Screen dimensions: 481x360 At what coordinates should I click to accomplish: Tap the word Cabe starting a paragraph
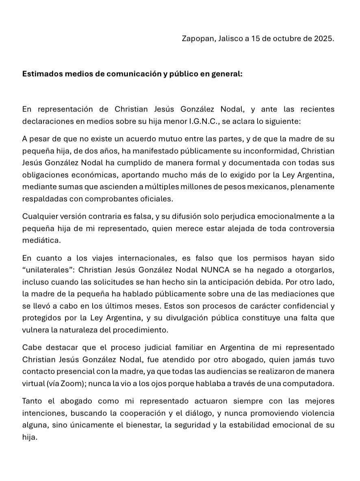coord(31,347)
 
